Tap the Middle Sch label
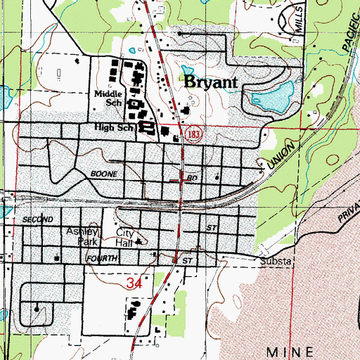pos(108,98)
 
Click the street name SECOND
pos(38,220)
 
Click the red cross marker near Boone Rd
pos(182,180)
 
